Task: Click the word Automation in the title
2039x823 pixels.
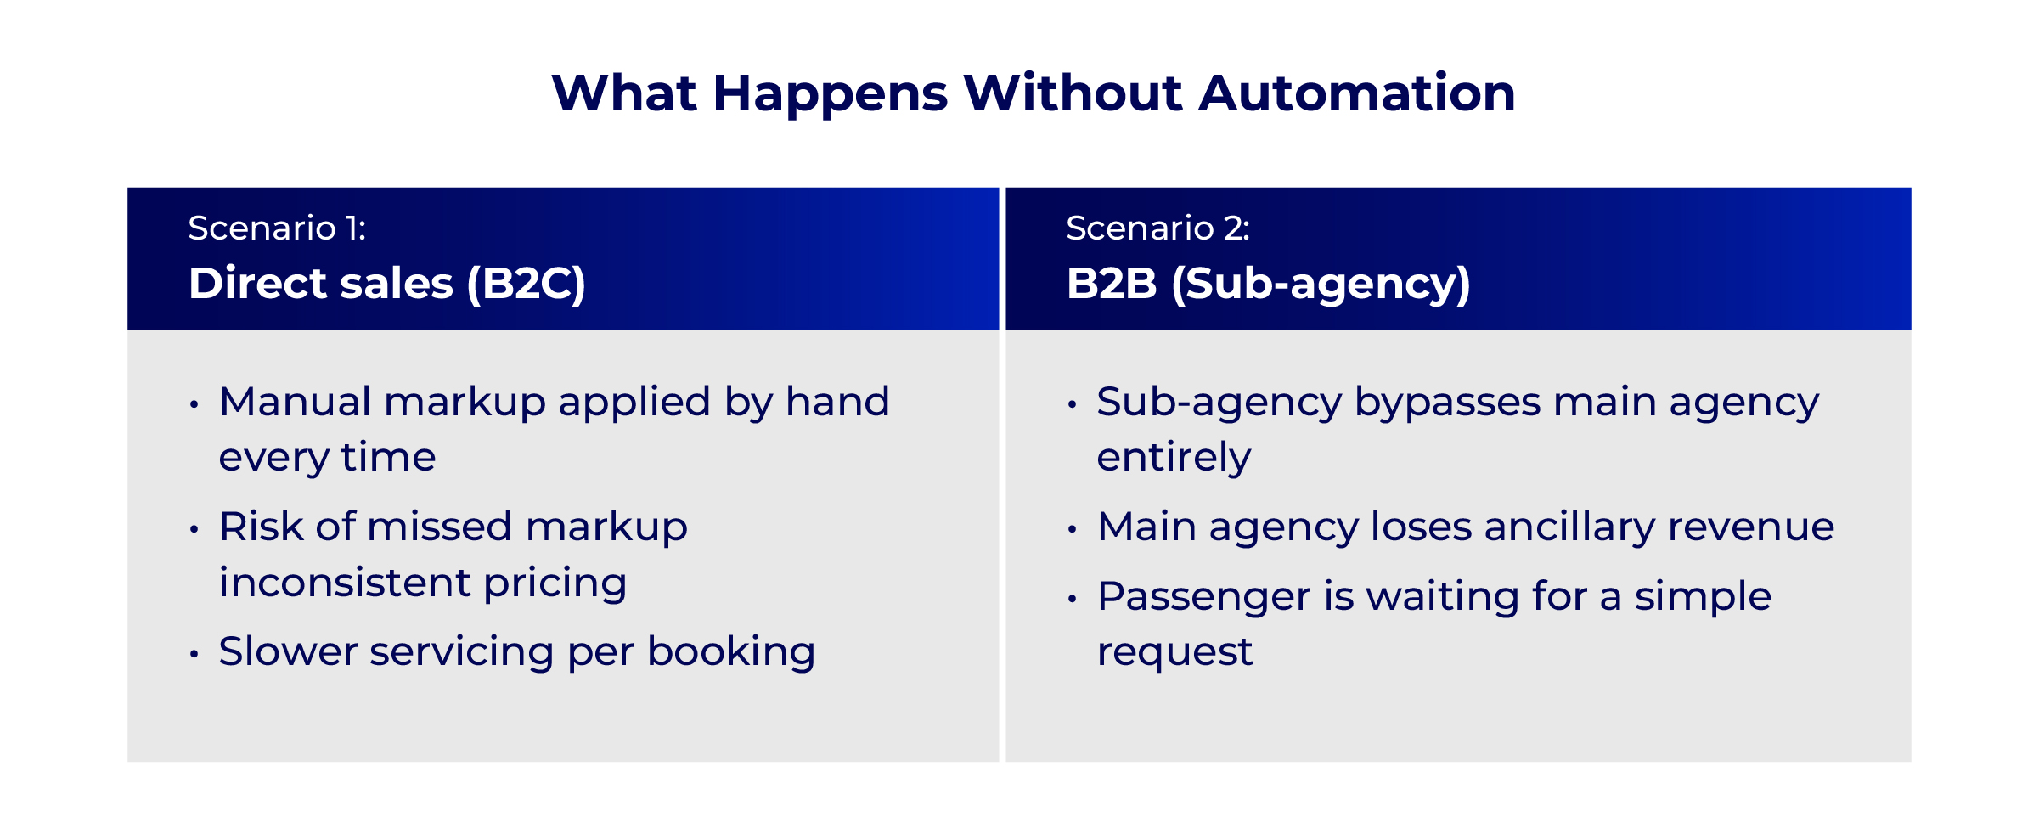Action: [1357, 93]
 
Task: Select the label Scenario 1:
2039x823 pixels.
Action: [277, 228]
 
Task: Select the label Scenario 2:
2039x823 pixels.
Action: [1157, 228]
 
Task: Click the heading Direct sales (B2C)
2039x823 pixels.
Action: [387, 284]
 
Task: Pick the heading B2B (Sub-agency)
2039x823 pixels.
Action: [1268, 284]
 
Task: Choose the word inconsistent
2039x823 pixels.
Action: [345, 583]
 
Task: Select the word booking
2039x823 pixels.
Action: [731, 653]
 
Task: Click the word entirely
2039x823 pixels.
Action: [1174, 459]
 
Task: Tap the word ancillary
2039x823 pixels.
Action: [1569, 527]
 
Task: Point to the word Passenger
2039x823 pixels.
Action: [1203, 597]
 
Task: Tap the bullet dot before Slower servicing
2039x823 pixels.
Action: [194, 654]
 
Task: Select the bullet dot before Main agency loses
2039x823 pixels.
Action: [1073, 529]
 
